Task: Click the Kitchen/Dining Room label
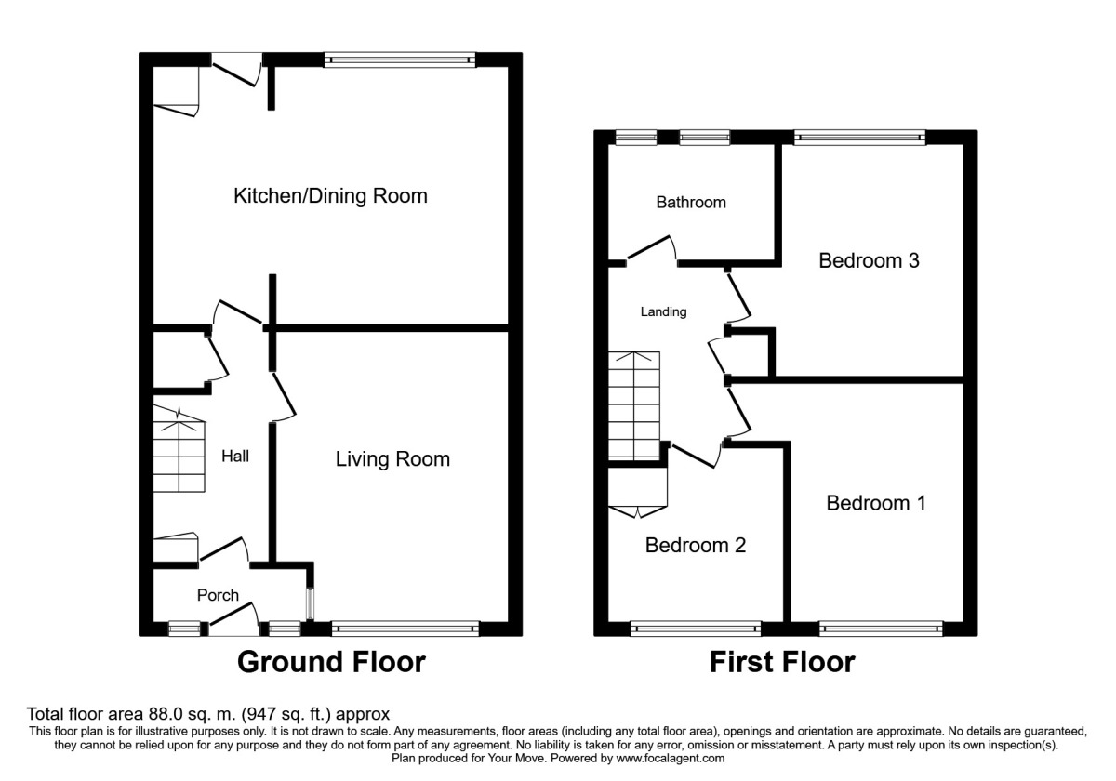click(x=330, y=196)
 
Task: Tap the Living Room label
click(x=392, y=459)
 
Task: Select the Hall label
click(x=235, y=457)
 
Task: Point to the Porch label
click(x=218, y=595)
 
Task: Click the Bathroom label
click(x=691, y=203)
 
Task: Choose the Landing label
click(x=663, y=311)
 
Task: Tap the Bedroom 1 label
click(x=876, y=503)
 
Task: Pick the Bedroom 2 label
click(x=696, y=546)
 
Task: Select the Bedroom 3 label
click(x=869, y=260)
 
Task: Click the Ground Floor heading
click(x=331, y=662)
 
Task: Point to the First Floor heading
click(x=782, y=662)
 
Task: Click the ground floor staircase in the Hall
click(x=179, y=449)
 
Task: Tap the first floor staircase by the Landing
click(x=634, y=405)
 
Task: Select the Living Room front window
click(x=405, y=629)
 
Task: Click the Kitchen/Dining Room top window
click(x=400, y=60)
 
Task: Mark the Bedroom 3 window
click(x=859, y=138)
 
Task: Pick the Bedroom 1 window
click(x=881, y=629)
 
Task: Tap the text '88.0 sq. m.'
click(x=192, y=714)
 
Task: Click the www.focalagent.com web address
click(x=671, y=758)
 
